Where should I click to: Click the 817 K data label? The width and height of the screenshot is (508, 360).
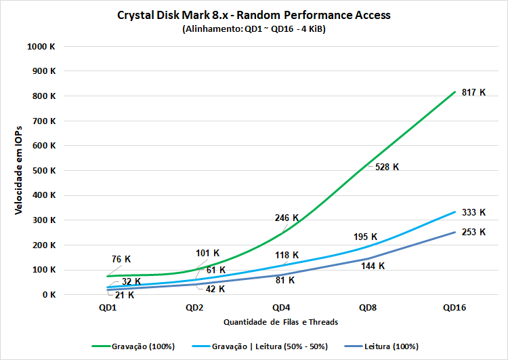[473, 92]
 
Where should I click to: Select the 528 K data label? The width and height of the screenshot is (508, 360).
[387, 167]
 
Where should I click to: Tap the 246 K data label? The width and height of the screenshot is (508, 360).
[287, 218]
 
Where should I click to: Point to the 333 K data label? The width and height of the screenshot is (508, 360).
[473, 212]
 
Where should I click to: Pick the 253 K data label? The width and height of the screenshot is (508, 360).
[473, 232]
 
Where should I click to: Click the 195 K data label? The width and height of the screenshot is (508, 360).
[366, 237]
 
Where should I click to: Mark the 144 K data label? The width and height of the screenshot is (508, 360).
[373, 266]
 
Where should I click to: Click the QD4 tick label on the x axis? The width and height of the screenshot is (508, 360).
[282, 308]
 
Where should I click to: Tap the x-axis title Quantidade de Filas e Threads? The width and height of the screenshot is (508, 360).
[282, 322]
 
